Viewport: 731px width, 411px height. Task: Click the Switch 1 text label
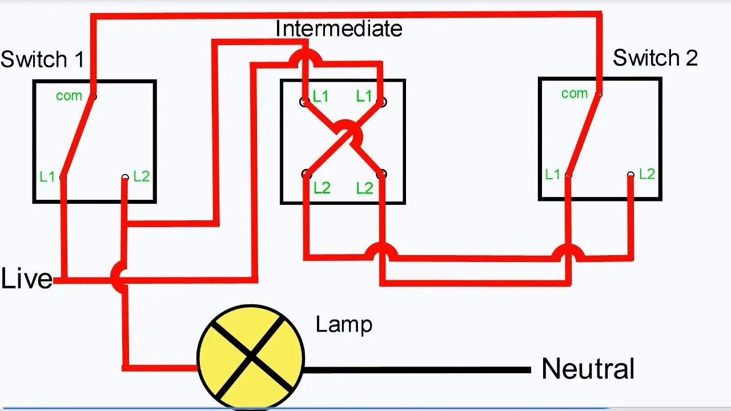click(x=42, y=59)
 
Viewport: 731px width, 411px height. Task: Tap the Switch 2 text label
click(x=655, y=58)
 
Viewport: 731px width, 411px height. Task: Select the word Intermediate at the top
click(x=339, y=29)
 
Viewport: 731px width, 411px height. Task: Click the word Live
click(x=26, y=279)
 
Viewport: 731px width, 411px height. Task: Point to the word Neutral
click(x=588, y=369)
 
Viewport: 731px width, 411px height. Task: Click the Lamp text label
click(x=344, y=324)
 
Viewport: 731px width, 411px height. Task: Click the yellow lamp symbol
click(x=250, y=357)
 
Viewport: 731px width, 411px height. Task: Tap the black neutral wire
click(x=417, y=370)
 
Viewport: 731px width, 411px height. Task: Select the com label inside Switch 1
click(x=69, y=96)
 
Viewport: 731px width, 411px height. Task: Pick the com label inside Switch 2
click(x=574, y=93)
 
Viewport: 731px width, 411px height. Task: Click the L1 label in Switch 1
click(x=47, y=177)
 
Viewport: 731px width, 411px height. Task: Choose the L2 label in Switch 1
click(x=141, y=176)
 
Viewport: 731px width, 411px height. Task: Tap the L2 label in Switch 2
click(x=646, y=174)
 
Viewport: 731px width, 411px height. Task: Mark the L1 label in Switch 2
click(x=552, y=175)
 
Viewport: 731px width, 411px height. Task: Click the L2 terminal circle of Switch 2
click(x=630, y=175)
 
